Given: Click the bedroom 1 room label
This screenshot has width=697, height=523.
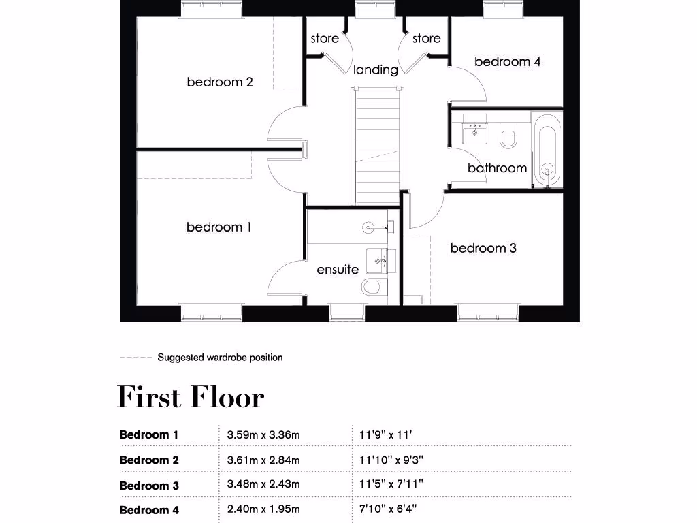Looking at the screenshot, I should (218, 227).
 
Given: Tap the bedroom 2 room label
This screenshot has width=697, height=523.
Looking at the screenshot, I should (220, 82).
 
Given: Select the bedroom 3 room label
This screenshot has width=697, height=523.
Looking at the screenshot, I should (483, 248).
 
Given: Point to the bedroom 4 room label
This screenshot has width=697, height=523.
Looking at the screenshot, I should (508, 62).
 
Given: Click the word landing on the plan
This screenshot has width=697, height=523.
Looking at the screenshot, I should (375, 69).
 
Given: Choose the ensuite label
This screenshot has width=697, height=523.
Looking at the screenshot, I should (338, 270).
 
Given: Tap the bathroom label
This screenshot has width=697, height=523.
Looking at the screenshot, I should (497, 168).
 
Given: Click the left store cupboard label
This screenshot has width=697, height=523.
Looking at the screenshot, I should (325, 39).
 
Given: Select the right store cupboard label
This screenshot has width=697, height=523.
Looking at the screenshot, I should (426, 39).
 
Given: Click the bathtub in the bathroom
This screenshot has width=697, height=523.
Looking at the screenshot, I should (547, 150).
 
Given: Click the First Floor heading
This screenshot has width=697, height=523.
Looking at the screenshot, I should (191, 397).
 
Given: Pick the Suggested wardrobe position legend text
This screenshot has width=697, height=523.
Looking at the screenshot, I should (220, 358).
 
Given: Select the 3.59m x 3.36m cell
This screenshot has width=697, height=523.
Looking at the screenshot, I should (263, 434).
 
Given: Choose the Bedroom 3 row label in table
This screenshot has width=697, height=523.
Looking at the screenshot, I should (149, 486).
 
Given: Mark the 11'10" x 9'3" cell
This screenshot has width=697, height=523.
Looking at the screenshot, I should (391, 460).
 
